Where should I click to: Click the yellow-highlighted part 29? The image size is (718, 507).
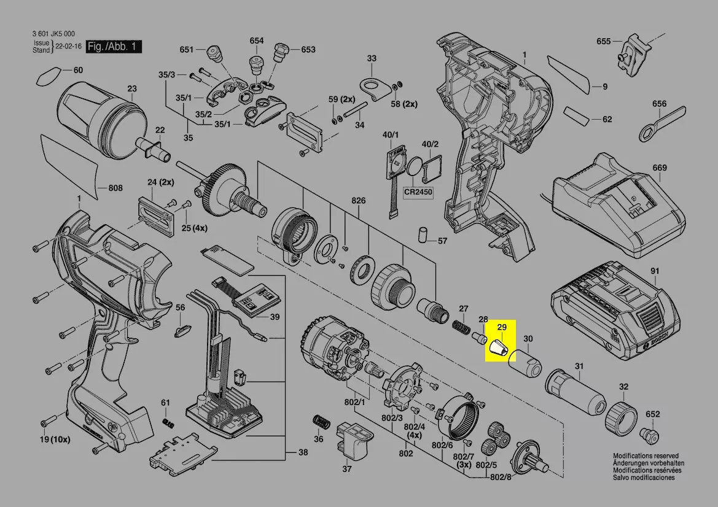pyautogui.click(x=499, y=349)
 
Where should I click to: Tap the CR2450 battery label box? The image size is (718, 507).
pyautogui.click(x=418, y=192)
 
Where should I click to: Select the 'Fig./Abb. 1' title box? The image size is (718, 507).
pyautogui.click(x=113, y=46)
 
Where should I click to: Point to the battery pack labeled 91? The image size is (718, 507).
pyautogui.click(x=615, y=315)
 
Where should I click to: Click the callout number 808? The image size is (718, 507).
pyautogui.click(x=115, y=188)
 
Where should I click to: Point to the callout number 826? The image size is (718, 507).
pyautogui.click(x=359, y=201)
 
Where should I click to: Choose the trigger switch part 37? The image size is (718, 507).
pyautogui.click(x=354, y=441)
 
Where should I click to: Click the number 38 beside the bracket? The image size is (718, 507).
pyautogui.click(x=303, y=452)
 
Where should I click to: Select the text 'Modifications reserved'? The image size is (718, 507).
pyautogui.click(x=646, y=456)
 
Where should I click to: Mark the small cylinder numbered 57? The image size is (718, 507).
pyautogui.click(x=422, y=234)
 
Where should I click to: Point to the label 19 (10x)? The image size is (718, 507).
pyautogui.click(x=55, y=439)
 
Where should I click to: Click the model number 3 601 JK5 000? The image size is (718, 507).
pyautogui.click(x=53, y=34)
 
